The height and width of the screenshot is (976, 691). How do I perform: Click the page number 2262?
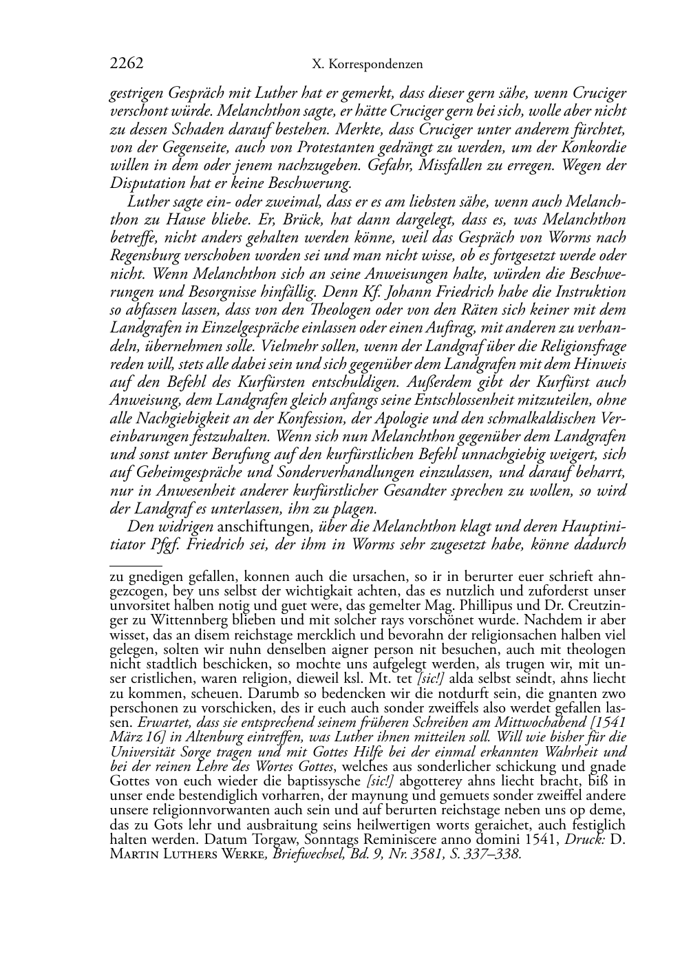click(x=126, y=64)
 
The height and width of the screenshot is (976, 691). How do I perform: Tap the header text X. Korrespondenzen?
click(x=367, y=65)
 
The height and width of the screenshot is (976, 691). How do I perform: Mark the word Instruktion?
click(x=588, y=292)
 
